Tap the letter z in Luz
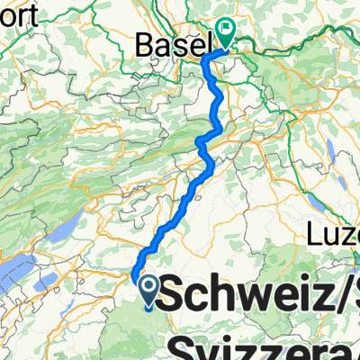[x=353, y=237]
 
